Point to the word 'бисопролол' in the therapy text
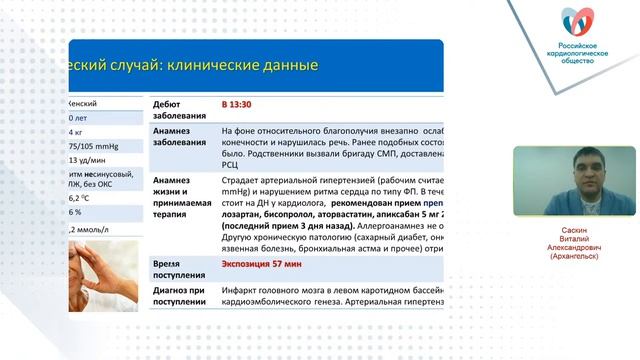coord(291,212)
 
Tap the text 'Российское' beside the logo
coord(584,47)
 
